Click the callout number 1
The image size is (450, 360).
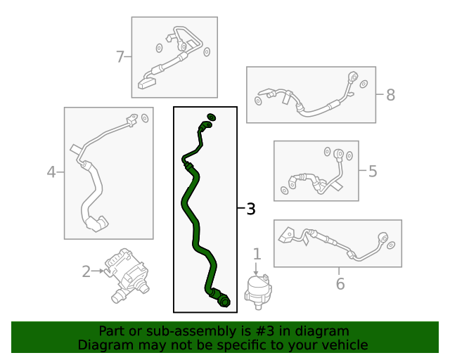(257, 254)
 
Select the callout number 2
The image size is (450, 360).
(86, 271)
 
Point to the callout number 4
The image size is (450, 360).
(51, 172)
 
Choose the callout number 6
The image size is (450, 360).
(340, 283)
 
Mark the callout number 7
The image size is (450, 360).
(120, 57)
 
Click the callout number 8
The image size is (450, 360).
(390, 95)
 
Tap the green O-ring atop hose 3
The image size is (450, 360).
(211, 117)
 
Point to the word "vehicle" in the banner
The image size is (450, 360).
(343, 345)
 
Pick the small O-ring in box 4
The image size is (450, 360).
(144, 117)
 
